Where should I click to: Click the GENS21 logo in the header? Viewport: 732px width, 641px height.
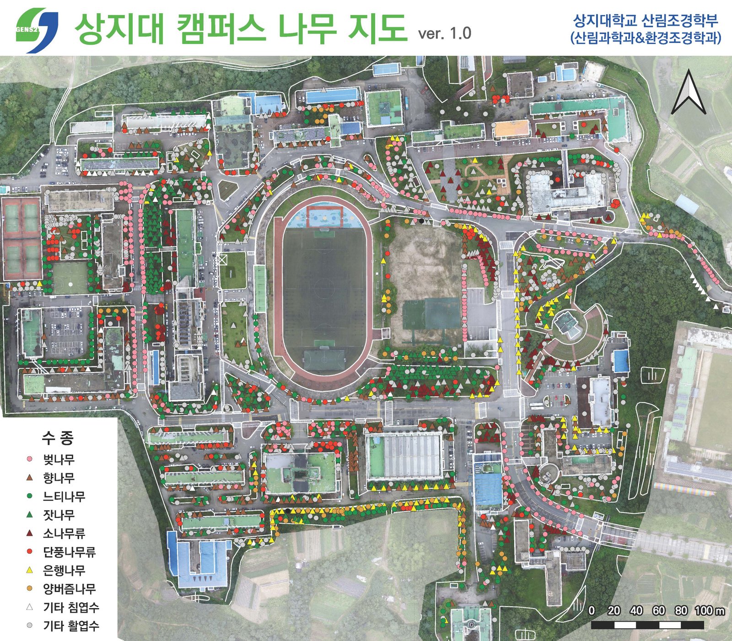point(37,27)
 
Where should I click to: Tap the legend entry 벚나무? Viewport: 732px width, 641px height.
point(59,459)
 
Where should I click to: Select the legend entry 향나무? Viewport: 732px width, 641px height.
point(59,478)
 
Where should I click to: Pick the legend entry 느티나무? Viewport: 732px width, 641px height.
point(64,496)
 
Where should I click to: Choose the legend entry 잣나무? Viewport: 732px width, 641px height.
point(59,515)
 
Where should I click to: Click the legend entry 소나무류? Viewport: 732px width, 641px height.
point(64,533)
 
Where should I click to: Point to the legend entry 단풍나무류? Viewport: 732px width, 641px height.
point(69,552)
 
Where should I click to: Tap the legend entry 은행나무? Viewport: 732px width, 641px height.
point(64,571)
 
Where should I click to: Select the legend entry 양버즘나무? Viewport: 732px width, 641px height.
point(69,589)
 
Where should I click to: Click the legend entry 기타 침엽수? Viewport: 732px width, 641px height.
point(71,608)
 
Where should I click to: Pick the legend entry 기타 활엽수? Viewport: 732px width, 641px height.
point(71,626)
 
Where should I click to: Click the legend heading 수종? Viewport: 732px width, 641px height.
point(58,438)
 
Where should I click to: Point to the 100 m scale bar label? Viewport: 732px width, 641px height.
point(710,611)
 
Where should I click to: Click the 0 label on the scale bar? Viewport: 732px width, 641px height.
point(592,611)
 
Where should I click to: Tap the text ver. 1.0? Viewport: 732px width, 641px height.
point(444,33)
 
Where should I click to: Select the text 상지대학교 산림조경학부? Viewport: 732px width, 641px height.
point(646,21)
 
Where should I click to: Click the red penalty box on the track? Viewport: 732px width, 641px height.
point(324,216)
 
